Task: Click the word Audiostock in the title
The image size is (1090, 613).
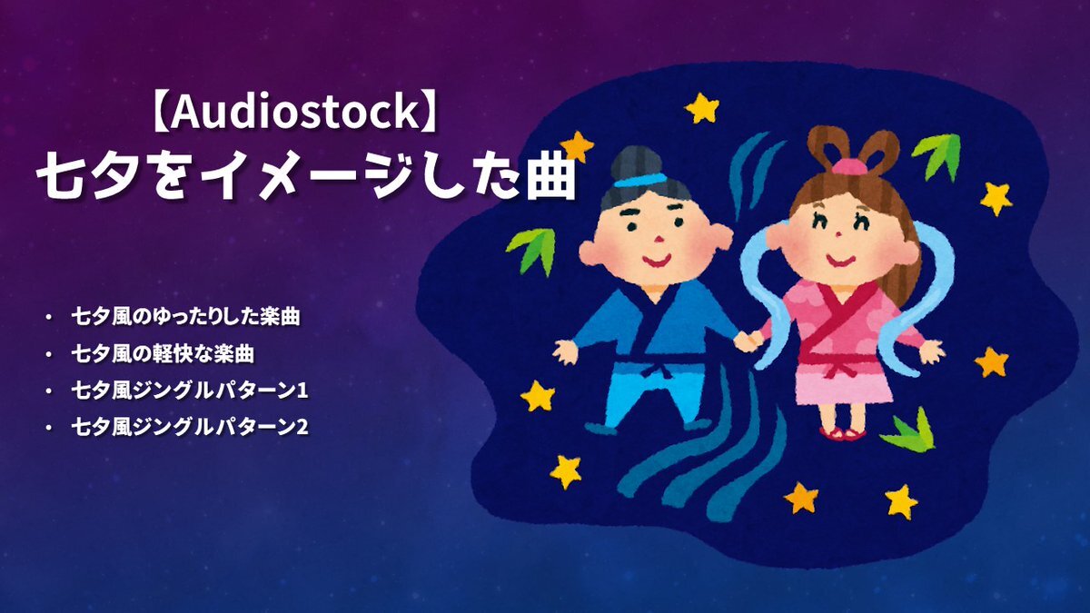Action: tap(294, 112)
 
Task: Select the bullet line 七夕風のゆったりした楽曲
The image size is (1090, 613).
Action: tap(185, 317)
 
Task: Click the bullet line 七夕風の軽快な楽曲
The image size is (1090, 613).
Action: tap(163, 353)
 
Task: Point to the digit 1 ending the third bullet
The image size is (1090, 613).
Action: tap(302, 391)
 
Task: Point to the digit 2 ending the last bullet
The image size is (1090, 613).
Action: tap(302, 428)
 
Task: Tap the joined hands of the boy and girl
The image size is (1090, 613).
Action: tap(748, 340)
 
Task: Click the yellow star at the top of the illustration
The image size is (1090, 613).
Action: tap(702, 107)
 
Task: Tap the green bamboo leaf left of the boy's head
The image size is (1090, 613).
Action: tap(534, 250)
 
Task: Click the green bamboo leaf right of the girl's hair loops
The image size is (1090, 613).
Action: tap(938, 154)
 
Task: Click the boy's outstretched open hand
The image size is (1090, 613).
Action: tap(565, 351)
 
